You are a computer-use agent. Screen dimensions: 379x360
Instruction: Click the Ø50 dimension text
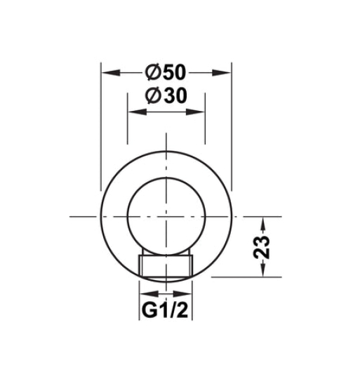pyautogui.click(x=166, y=72)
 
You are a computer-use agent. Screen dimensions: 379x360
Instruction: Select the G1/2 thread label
pyautogui.click(x=166, y=310)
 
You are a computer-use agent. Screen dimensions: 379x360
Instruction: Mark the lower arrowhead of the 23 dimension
pyautogui.click(x=263, y=272)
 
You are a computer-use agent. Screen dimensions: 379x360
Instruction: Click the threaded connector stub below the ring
pyautogui.click(x=166, y=265)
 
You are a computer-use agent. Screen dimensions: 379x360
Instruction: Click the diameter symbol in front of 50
pyautogui.click(x=152, y=72)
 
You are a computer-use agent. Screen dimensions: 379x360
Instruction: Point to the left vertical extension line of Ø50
pyautogui.click(x=101, y=126)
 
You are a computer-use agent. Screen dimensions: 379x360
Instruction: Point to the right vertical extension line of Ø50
pyautogui.click(x=232, y=126)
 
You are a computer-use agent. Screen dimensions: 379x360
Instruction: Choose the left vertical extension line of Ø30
pyautogui.click(x=127, y=126)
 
